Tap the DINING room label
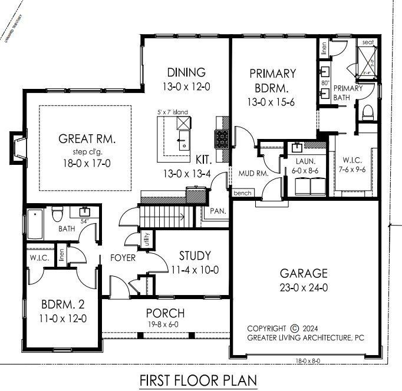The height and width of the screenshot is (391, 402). coord(186,72)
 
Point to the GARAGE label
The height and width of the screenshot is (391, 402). coord(304,273)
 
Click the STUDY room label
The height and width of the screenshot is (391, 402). coord(195,256)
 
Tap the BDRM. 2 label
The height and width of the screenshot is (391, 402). coord(64,305)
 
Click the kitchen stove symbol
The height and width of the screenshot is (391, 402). coord(223,139)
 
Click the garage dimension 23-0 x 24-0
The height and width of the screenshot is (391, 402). coord(304,288)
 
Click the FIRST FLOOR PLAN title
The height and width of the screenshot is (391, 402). coord(198,380)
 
